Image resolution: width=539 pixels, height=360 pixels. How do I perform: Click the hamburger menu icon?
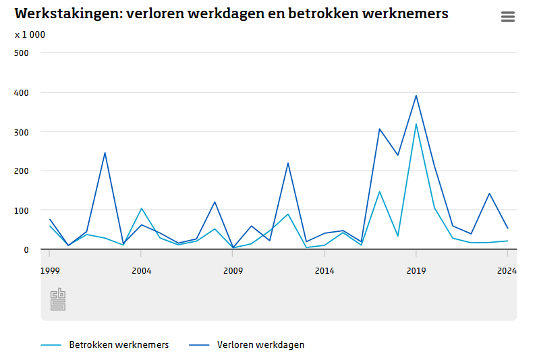point(508,17)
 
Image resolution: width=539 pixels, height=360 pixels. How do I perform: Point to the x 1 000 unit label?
point(30,34)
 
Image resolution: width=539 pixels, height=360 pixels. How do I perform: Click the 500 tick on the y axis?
point(22,53)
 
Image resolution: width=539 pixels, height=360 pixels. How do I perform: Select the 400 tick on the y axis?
point(22,92)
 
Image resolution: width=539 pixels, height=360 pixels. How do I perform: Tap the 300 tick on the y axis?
point(22,131)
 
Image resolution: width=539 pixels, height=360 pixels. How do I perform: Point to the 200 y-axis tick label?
point(22,171)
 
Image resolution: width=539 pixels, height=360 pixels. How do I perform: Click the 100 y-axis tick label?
point(22,210)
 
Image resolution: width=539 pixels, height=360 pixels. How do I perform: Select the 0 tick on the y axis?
point(26,249)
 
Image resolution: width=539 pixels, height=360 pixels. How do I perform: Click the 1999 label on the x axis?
point(49,271)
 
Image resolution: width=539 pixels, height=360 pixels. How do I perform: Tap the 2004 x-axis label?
point(141,271)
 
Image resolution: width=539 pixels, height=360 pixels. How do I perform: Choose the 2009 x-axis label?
point(233,271)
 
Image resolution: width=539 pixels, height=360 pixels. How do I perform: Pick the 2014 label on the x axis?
point(324,271)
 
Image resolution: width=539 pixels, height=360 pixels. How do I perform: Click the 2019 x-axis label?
point(416,271)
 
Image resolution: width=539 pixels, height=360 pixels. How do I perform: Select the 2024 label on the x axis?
point(507,271)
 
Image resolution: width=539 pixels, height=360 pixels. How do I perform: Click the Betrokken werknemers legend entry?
point(119,344)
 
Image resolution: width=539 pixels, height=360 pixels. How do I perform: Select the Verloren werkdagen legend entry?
point(260,344)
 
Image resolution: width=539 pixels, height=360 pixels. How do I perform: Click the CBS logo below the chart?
point(58,299)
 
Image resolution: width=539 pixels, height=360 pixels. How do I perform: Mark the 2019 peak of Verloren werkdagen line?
point(416,96)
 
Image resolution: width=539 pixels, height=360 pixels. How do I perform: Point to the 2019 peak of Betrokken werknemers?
point(416,124)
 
